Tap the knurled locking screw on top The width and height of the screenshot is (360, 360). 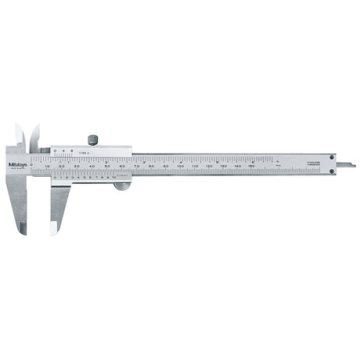point(93,140)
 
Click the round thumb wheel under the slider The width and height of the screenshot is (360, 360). point(120,185)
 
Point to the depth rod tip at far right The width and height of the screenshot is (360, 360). point(352,165)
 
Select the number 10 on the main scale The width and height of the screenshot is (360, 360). point(48,167)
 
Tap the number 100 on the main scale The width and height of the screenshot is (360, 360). point(180,167)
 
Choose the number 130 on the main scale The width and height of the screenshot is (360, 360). point(224,167)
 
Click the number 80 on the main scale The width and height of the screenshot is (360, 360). point(151,167)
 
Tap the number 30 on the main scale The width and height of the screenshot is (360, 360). point(77,167)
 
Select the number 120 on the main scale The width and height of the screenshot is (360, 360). point(209,167)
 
